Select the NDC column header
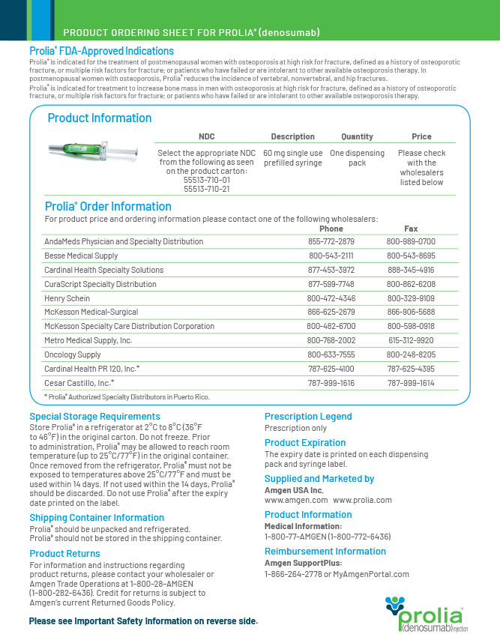206,136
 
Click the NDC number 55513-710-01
206,181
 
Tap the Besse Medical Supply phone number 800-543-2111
331,256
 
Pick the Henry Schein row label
67,298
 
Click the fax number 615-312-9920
410,340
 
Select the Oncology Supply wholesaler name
73,354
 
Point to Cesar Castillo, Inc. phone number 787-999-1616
331,382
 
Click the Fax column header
411,229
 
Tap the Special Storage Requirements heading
85,417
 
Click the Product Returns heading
64,554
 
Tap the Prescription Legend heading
308,417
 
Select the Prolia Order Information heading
108,207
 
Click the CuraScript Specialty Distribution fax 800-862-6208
410,284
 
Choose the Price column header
421,136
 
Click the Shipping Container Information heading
97,518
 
